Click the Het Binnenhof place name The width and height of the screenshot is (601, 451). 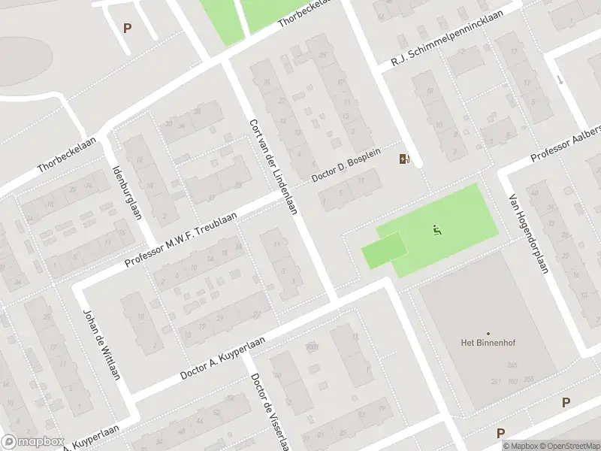pyautogui.click(x=488, y=344)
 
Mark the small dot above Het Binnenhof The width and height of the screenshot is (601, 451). pyautogui.click(x=488, y=333)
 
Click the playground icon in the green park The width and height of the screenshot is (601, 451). pyautogui.click(x=436, y=229)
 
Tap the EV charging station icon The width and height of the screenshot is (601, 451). pyautogui.click(x=405, y=158)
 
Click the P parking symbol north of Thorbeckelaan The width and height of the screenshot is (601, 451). pyautogui.click(x=127, y=29)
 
